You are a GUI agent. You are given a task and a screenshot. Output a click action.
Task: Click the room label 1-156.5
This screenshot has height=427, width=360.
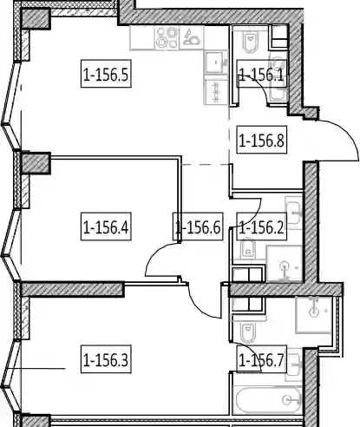[106, 74]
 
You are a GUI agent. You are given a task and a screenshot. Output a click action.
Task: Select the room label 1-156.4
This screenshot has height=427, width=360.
[106, 227]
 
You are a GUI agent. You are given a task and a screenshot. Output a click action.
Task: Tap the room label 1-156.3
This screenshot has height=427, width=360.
[106, 359]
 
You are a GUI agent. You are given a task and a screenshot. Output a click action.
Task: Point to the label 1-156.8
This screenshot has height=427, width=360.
[262, 140]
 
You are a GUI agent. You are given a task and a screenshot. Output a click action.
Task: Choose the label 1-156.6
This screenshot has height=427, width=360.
[198, 227]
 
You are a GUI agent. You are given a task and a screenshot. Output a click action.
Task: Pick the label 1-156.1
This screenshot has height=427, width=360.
[262, 74]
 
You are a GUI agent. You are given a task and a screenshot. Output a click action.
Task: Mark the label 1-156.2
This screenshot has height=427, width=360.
[262, 227]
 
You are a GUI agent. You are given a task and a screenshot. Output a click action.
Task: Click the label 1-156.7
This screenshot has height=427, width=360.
[262, 359]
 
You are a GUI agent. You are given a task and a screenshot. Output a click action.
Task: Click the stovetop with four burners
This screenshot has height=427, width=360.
[167, 37]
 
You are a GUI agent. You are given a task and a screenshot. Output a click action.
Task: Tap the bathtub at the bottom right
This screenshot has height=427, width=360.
[268, 401]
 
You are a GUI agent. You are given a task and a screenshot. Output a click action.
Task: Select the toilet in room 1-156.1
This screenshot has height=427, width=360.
[249, 42]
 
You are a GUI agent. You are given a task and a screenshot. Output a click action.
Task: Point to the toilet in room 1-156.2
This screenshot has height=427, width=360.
[248, 249]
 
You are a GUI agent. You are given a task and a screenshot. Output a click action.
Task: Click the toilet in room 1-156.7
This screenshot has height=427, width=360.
[248, 332]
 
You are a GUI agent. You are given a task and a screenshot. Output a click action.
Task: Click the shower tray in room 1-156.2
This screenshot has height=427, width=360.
[284, 263]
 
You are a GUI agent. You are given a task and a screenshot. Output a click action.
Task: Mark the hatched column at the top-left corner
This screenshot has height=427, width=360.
[36, 19]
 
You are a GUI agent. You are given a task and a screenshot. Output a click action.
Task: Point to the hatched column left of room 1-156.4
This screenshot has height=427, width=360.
[36, 163]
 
